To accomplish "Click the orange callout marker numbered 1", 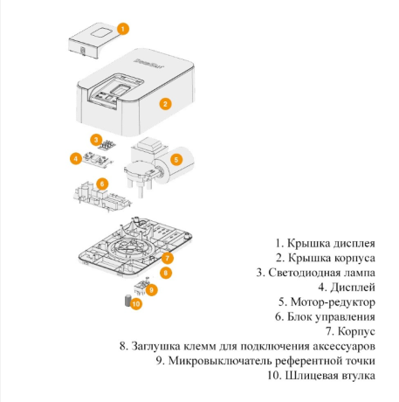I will coord(122,28).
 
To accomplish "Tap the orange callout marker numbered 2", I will coord(164,103).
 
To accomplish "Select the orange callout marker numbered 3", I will coord(95,139).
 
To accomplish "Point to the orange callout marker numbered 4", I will coord(77,158).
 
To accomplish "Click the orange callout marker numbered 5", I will coord(175,159).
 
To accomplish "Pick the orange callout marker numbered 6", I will coord(102,184).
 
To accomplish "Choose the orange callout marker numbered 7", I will coord(168,258).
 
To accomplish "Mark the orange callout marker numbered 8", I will coord(167,273).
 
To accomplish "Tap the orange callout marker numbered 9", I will coord(151,289).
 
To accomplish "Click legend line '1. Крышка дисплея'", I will coord(325,242).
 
